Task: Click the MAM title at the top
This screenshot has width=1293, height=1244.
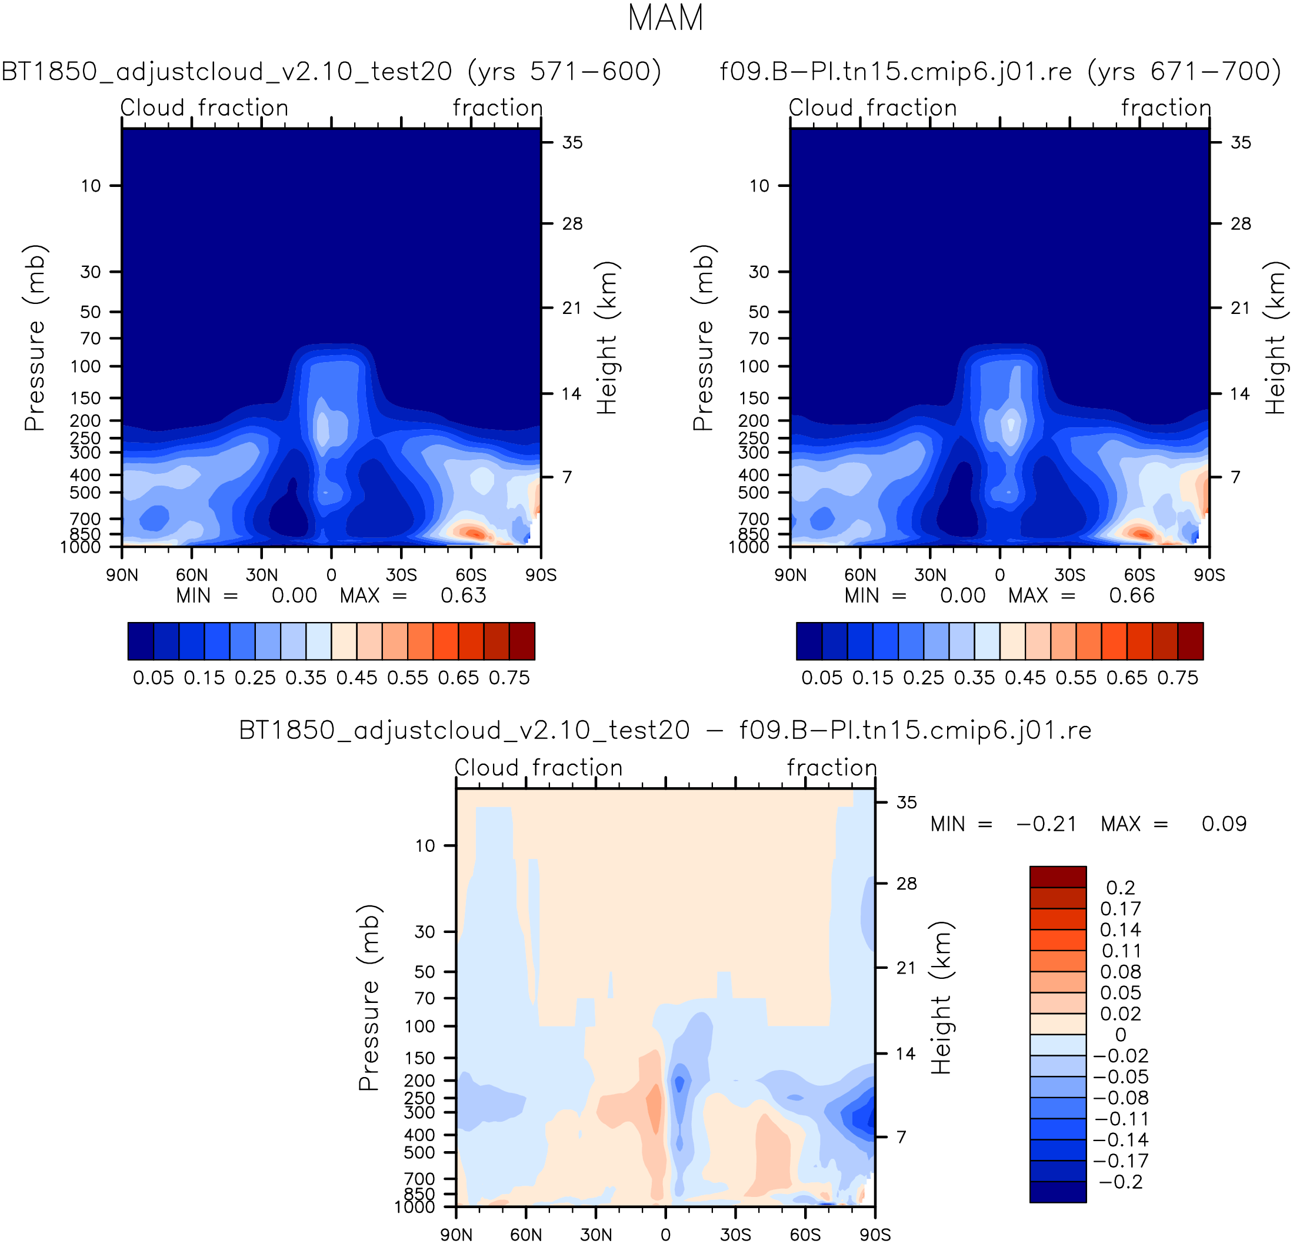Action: click(x=665, y=18)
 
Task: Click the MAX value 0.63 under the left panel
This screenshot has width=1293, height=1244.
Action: click(x=463, y=596)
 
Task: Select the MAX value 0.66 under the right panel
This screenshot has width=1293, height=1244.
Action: click(x=1131, y=596)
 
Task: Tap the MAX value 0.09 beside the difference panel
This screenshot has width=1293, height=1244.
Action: click(x=1224, y=824)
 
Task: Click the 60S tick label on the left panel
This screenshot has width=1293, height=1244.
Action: click(x=471, y=576)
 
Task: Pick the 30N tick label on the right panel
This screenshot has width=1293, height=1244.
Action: click(x=930, y=576)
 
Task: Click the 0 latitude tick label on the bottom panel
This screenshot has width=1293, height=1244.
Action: click(x=666, y=1235)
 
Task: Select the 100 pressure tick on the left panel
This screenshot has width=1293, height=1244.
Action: click(x=86, y=366)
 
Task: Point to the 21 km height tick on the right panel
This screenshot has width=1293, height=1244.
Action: click(x=1240, y=308)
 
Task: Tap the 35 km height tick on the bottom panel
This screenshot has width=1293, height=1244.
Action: click(x=907, y=802)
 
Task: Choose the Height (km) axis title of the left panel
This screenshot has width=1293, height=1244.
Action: click(x=606, y=337)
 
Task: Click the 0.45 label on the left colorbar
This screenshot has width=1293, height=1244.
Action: click(x=357, y=678)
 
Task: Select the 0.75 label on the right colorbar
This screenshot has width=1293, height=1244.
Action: click(x=1178, y=678)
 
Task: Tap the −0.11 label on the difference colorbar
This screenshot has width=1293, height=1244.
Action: click(x=1121, y=1119)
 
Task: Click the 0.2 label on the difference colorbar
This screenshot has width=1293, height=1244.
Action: click(x=1121, y=888)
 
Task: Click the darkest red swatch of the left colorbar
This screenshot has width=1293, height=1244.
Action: click(x=522, y=641)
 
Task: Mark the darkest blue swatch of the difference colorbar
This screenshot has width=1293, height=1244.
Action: click(x=1058, y=1192)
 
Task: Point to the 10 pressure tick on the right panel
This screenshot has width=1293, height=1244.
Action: click(x=759, y=186)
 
